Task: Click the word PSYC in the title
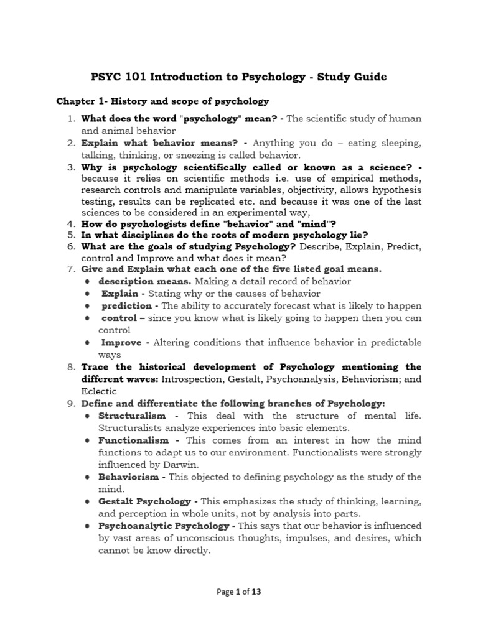105,77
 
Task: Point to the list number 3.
72,167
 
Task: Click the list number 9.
72,404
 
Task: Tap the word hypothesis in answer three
392,190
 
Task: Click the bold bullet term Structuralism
132,416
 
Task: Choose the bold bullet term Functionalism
133,440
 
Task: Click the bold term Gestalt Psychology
144,501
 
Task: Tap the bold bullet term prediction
126,305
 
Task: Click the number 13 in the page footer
256,592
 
